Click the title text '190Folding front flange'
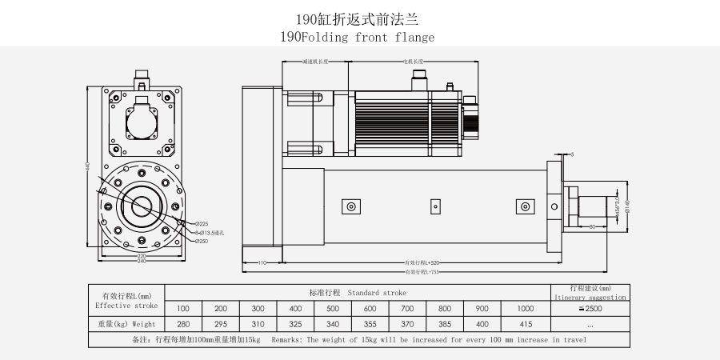pyautogui.click(x=358, y=38)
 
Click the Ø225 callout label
pyautogui.click(x=202, y=223)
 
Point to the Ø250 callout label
pyautogui.click(x=202, y=240)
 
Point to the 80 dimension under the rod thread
pyautogui.click(x=591, y=227)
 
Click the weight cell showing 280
pyautogui.click(x=183, y=324)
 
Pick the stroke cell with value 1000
pyautogui.click(x=525, y=309)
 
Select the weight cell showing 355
pyautogui.click(x=370, y=324)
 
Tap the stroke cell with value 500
pyautogui.click(x=333, y=309)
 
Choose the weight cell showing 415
pyautogui.click(x=525, y=324)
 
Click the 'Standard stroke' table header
pyautogui.click(x=358, y=292)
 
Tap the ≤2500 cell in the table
pyautogui.click(x=590, y=309)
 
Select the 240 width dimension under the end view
pyautogui.click(x=141, y=261)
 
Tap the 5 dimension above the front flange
pyautogui.click(x=571, y=154)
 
